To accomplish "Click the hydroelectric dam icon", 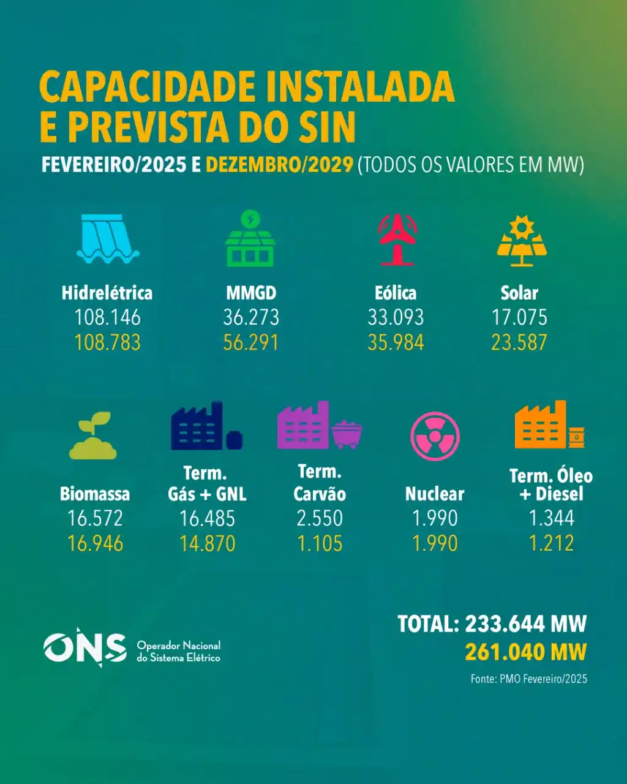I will click(x=108, y=239).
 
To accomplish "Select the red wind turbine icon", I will click(x=397, y=239).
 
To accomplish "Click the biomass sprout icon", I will click(x=93, y=435).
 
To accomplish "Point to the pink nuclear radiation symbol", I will click(x=435, y=436).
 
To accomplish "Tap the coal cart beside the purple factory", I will click(x=347, y=434).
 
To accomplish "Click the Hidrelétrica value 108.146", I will click(x=107, y=317).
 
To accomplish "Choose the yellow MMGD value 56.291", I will click(x=251, y=342).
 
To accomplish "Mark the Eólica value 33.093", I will click(x=396, y=317).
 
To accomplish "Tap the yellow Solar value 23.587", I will click(x=519, y=342).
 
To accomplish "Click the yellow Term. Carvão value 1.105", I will click(x=320, y=543).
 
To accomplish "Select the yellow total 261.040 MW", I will click(x=525, y=652).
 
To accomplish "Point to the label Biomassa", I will click(x=95, y=494).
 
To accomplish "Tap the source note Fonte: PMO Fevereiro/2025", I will click(x=528, y=679).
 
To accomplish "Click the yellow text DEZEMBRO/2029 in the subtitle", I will click(x=279, y=165).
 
